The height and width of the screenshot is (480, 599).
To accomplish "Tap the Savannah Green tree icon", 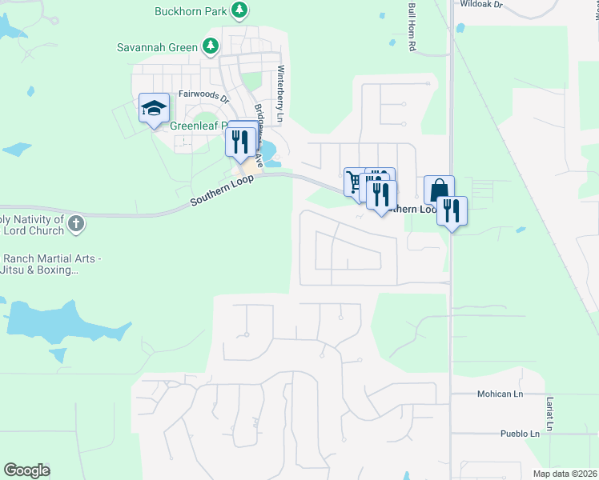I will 211,46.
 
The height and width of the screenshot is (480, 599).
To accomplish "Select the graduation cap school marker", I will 154,110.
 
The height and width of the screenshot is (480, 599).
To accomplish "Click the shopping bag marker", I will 438,191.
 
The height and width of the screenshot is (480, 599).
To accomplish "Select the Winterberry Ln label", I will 280,92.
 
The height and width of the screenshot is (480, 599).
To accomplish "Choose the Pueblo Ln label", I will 520,434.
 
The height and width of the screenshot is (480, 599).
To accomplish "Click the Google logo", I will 27,470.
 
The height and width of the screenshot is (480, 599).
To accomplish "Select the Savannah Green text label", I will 157,47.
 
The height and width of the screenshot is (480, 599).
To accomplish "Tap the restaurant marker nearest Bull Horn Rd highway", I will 453,212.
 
